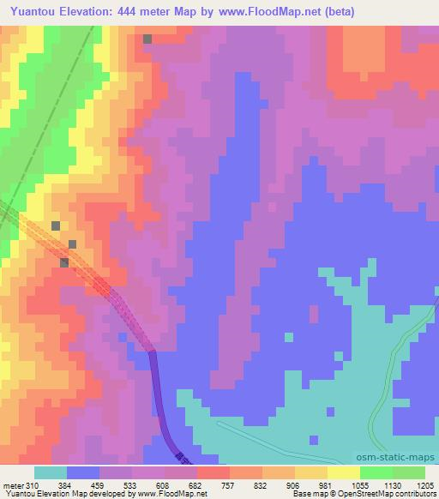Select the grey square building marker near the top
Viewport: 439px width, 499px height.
tap(148, 39)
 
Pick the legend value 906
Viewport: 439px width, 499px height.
tap(293, 485)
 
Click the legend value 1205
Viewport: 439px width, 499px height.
tap(422, 485)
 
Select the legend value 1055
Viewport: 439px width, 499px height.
tap(358, 485)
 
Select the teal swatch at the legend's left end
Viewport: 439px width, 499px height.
tap(51, 472)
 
